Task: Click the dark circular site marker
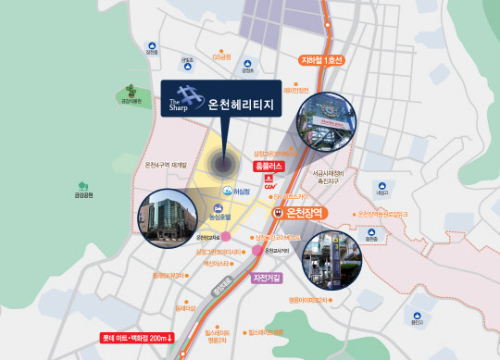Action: tap(224, 165)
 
